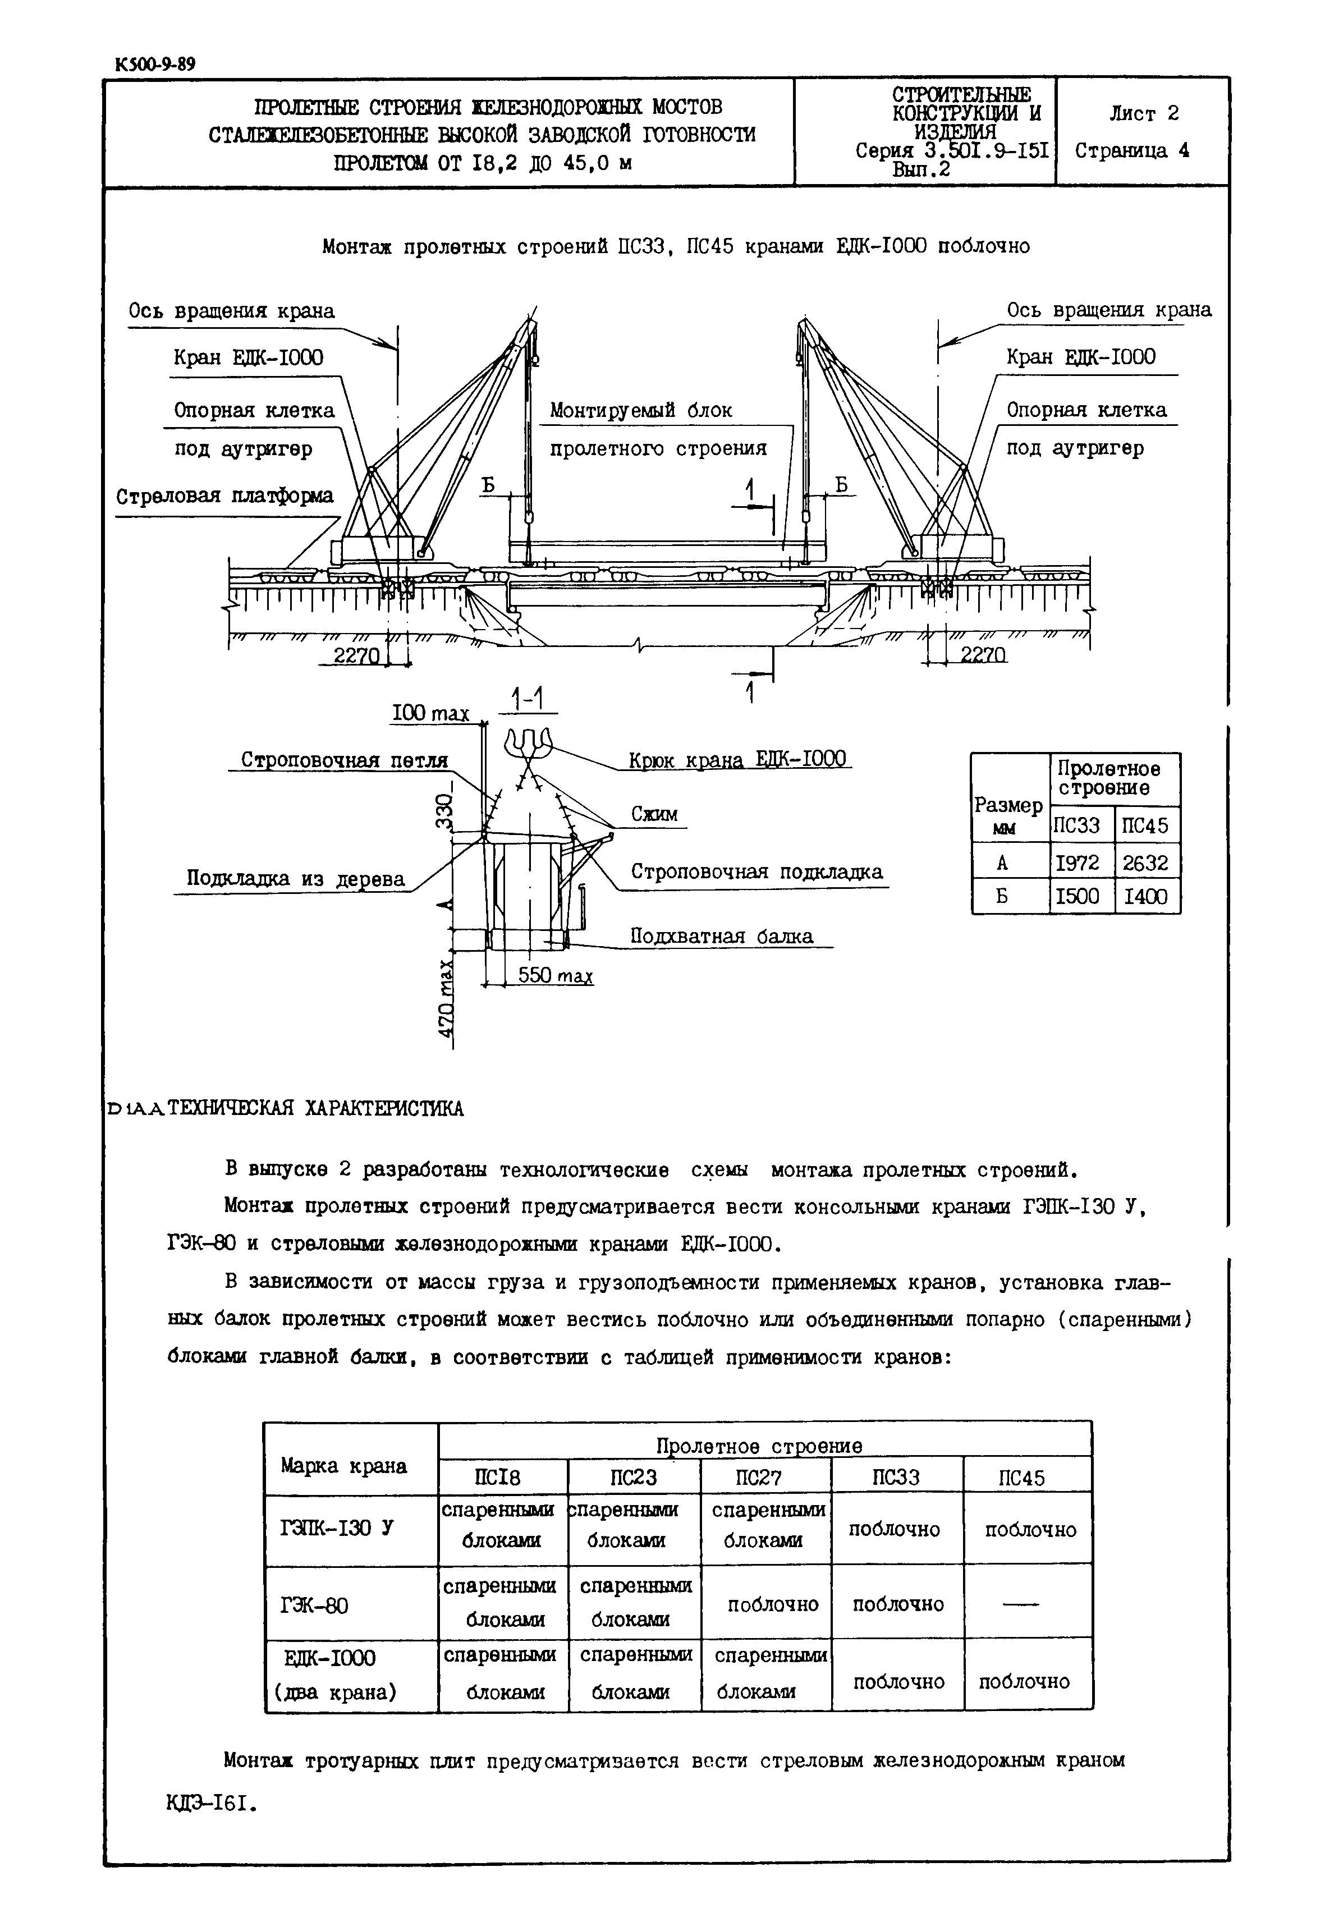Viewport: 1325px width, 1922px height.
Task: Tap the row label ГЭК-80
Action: tap(315, 1606)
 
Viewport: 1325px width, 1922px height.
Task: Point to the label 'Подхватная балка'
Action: tap(722, 937)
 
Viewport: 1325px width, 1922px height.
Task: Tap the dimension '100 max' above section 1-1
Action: tap(430, 713)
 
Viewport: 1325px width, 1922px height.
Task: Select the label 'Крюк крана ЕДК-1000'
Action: tap(737, 760)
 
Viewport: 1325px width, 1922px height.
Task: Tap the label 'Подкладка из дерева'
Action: tap(295, 879)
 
